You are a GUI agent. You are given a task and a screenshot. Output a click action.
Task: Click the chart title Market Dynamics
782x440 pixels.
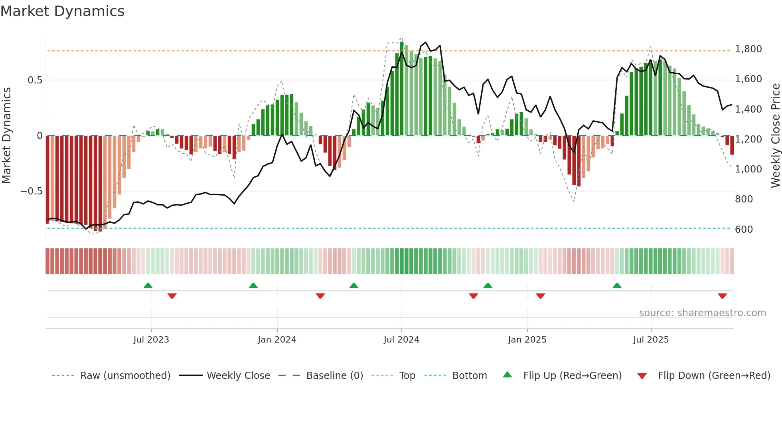pos(62,11)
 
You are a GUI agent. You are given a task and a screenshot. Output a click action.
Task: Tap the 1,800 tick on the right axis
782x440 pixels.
pos(748,49)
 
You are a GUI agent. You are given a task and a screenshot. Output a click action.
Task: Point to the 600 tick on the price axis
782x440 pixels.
pos(744,229)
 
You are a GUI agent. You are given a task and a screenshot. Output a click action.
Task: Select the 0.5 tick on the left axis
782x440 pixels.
pos(35,80)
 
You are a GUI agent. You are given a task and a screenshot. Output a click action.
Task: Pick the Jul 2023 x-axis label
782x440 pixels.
pos(151,340)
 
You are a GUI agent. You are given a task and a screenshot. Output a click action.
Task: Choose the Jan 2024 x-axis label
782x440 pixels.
pos(277,340)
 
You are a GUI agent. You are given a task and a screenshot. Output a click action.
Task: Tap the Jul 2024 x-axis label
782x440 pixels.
pos(401,340)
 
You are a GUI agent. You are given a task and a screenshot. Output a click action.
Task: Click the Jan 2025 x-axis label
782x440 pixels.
pos(527,340)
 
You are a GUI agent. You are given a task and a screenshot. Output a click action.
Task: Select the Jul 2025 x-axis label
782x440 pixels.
pos(651,340)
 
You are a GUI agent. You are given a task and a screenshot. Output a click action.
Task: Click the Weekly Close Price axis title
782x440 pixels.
pos(775,135)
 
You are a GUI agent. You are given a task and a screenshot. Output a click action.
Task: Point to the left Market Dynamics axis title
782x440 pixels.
pos(6,135)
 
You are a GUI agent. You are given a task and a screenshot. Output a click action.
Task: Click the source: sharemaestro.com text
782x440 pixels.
pos(702,313)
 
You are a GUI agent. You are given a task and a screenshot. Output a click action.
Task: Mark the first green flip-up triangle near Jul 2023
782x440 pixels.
pos(148,286)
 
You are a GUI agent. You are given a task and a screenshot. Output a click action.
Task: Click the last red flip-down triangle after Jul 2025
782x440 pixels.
pos(722,296)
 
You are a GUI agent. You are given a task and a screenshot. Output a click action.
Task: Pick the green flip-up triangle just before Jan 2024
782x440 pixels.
pos(253,286)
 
